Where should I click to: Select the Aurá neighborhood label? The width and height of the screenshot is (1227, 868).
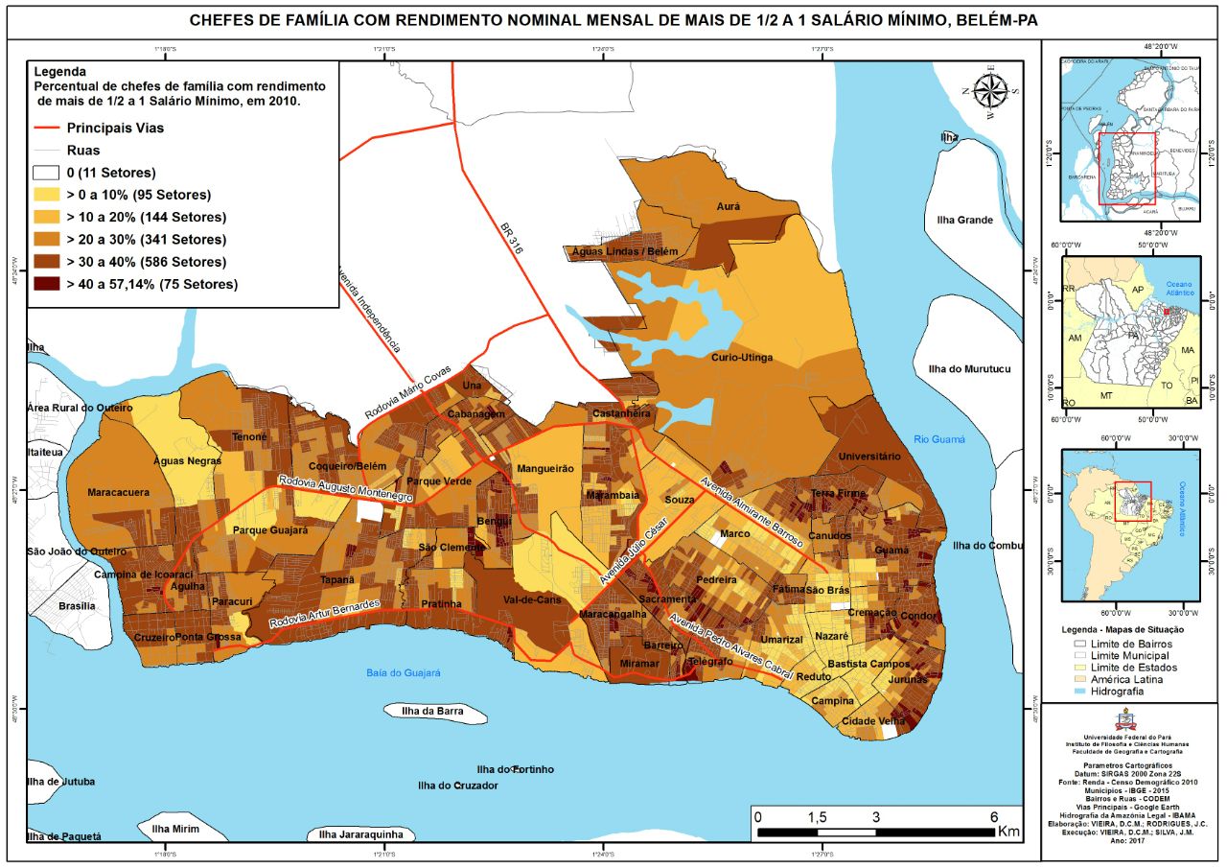pos(729,206)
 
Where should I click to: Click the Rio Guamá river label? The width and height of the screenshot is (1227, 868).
pos(938,439)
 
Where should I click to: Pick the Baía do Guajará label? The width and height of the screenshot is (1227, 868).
pos(403,673)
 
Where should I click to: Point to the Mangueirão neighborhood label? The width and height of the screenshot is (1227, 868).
pos(544,469)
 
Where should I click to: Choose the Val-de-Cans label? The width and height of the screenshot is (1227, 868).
pos(531,599)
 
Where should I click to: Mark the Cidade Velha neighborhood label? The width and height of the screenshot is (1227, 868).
pos(872,721)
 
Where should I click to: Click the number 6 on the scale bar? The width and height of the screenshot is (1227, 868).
pos(994,816)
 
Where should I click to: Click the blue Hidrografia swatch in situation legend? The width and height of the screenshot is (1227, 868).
pos(1081,691)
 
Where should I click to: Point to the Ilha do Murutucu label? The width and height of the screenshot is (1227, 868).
pos(969,369)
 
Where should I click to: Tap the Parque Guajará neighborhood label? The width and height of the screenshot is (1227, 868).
pos(270,529)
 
